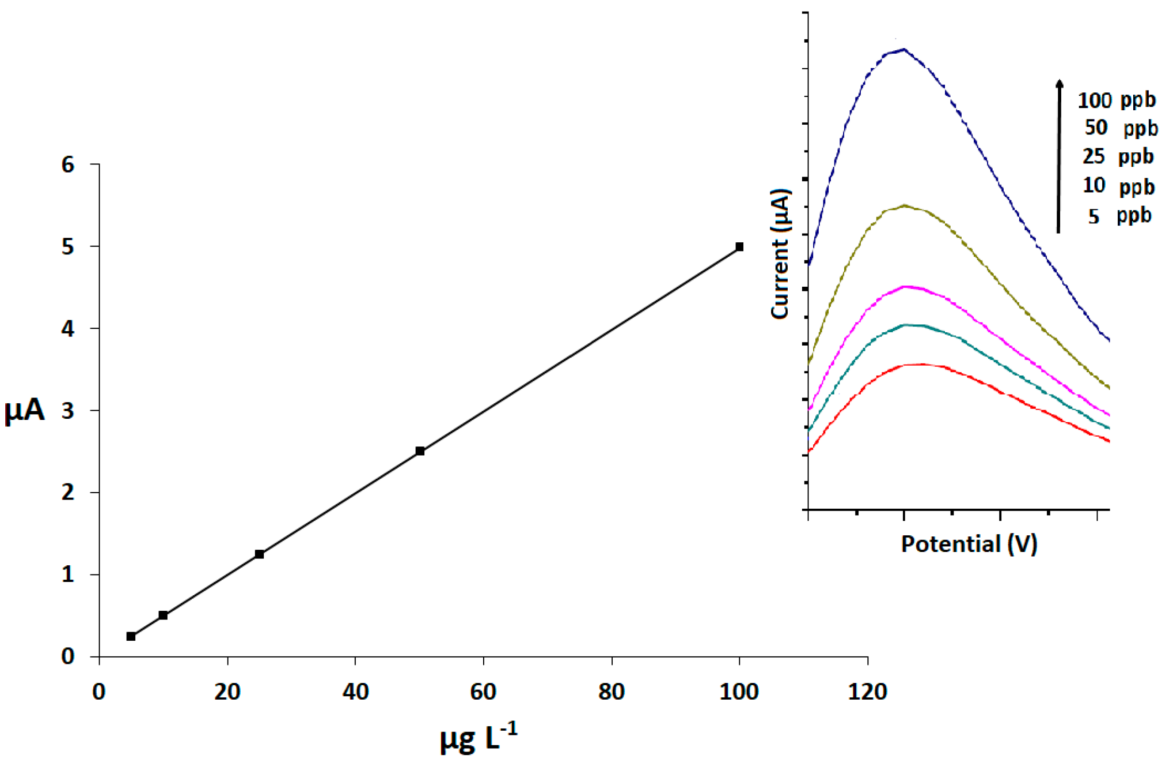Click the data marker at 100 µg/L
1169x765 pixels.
739,247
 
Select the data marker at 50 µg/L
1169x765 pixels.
420,451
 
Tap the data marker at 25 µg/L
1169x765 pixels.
260,554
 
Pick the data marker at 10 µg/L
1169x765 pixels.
163,615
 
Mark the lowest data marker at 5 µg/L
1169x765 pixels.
131,636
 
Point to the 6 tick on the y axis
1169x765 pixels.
68,165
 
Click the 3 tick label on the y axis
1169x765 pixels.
68,411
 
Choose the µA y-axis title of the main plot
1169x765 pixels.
25,411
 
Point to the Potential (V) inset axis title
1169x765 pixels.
968,544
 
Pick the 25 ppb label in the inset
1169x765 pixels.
1118,157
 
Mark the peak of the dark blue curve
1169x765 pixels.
903,49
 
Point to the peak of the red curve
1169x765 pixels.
913,364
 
